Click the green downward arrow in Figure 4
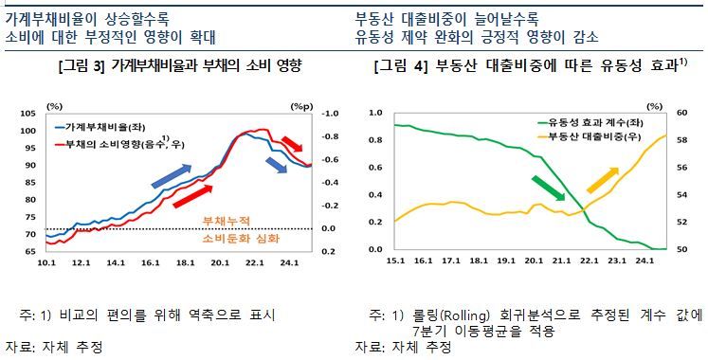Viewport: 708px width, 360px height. (551, 189)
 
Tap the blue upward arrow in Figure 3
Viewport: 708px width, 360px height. (172, 171)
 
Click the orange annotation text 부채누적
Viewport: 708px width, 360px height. (227, 221)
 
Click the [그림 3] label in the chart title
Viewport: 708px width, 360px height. (82, 66)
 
